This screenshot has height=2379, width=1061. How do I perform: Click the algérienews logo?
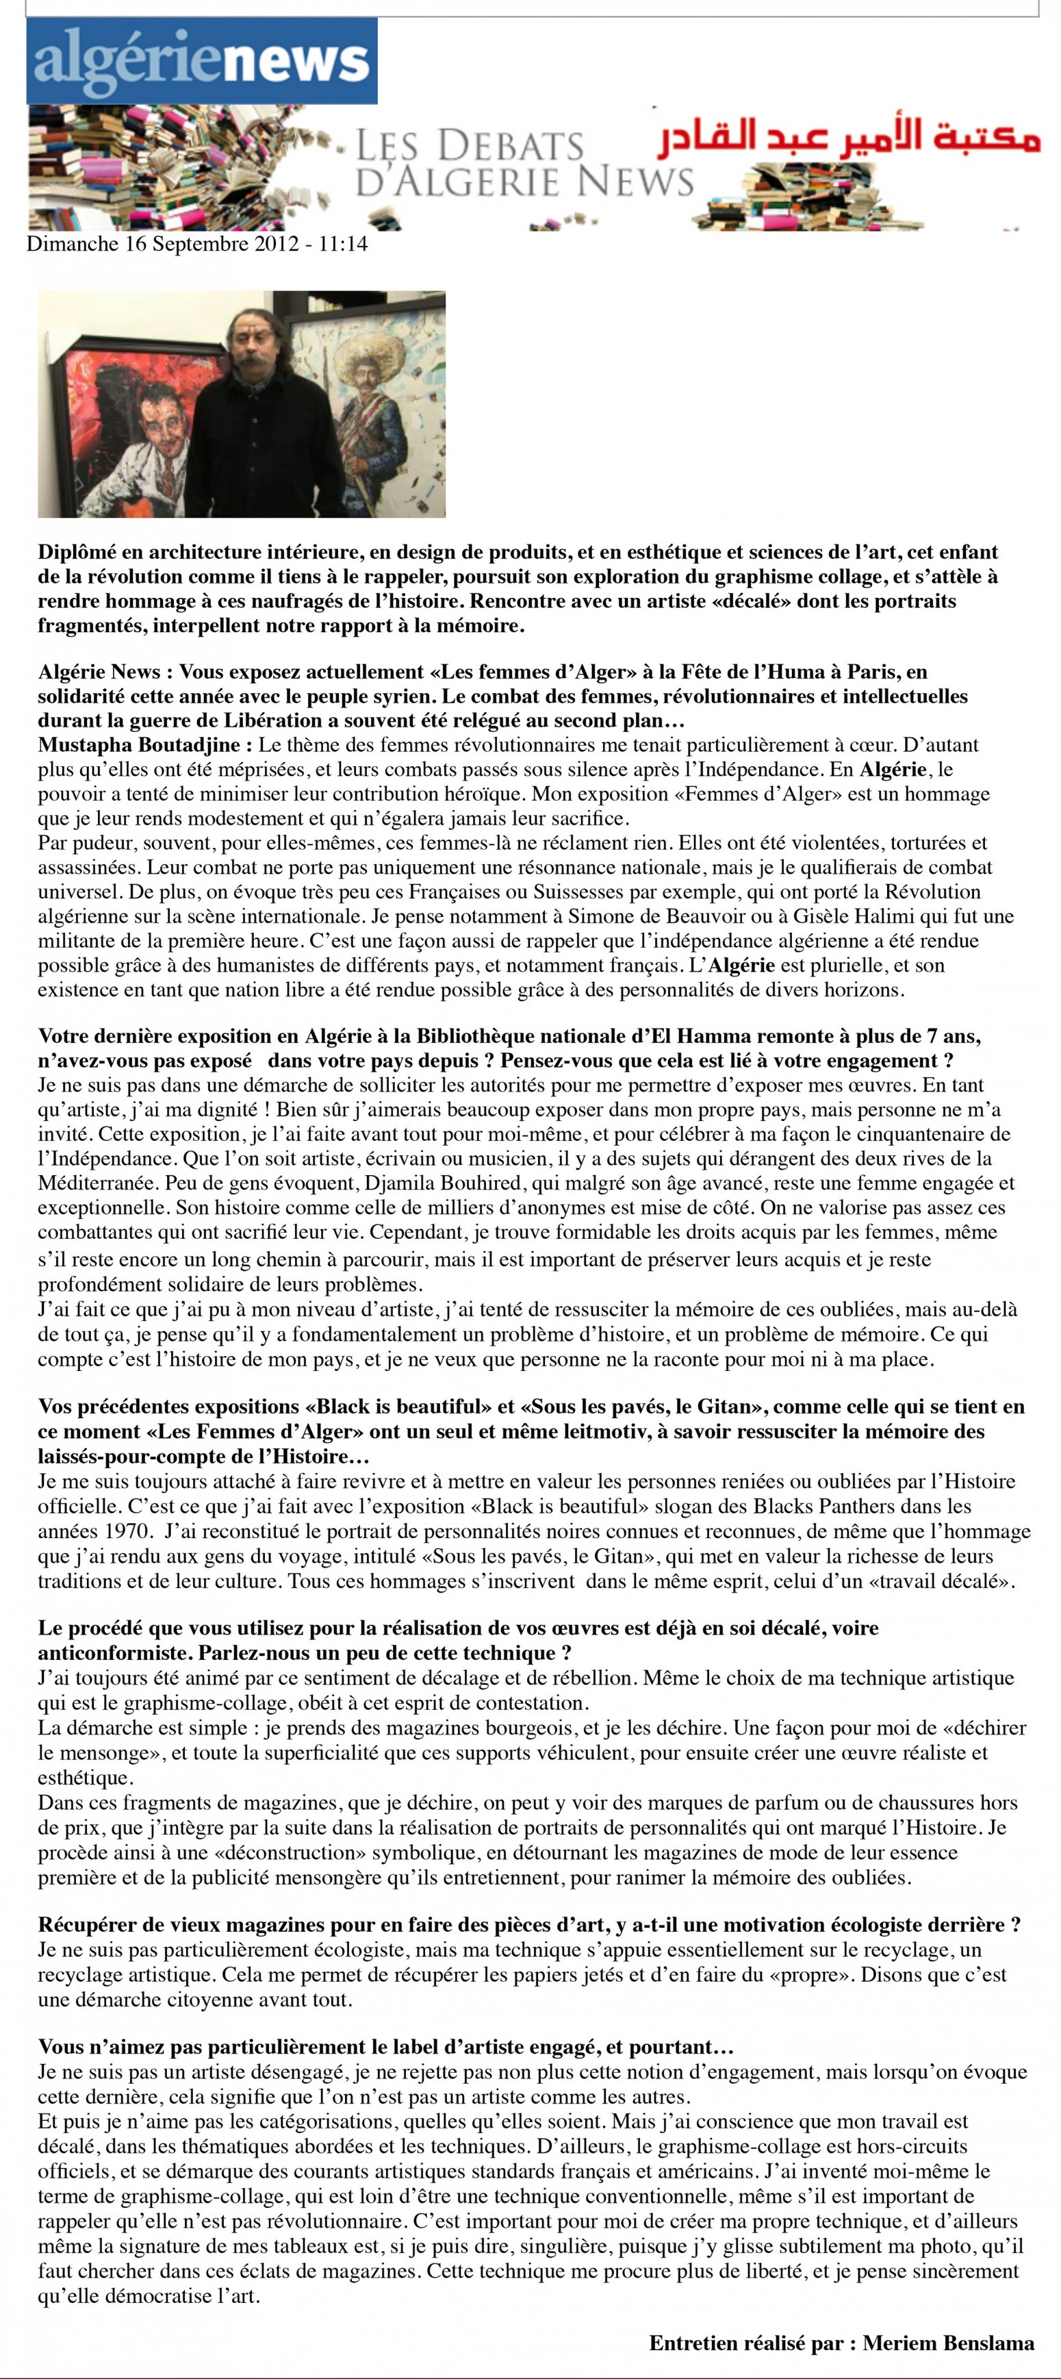pos(201,61)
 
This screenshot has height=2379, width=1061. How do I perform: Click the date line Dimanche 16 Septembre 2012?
pos(196,244)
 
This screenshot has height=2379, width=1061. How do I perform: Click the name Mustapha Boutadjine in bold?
pos(138,744)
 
